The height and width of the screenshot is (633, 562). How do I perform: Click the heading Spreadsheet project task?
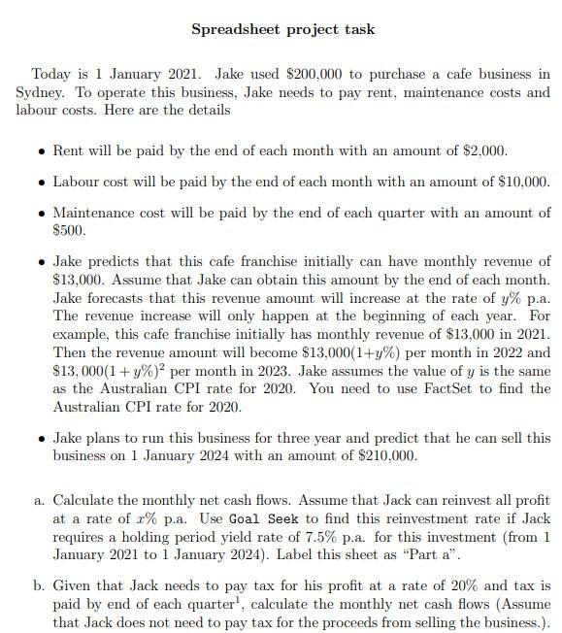(x=282, y=29)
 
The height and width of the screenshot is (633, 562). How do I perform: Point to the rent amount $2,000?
(x=482, y=151)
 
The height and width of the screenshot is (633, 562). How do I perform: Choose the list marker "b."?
(x=39, y=586)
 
